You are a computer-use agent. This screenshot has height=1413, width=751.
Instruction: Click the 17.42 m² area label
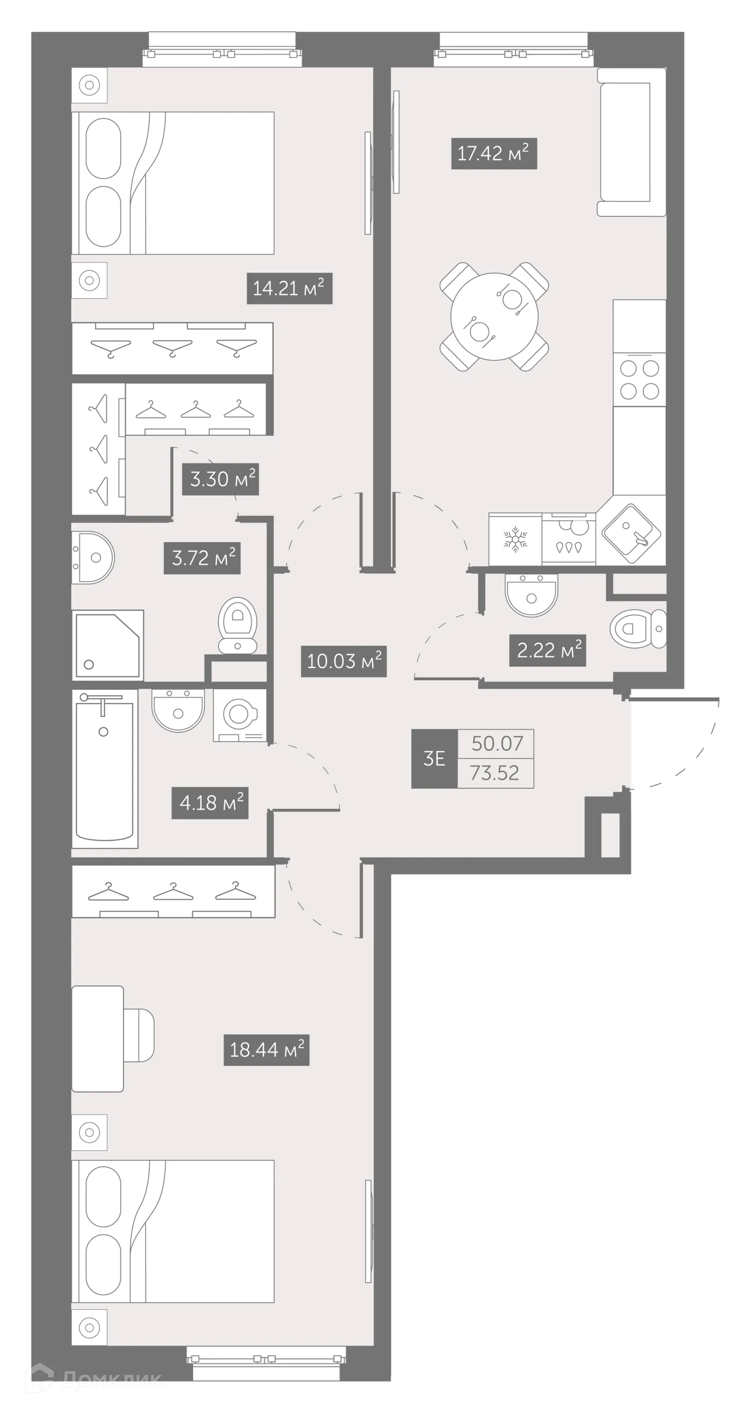[x=494, y=154]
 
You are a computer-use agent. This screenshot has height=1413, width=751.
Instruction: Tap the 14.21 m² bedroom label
[x=289, y=288]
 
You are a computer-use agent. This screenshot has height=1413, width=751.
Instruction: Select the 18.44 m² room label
[x=266, y=1050]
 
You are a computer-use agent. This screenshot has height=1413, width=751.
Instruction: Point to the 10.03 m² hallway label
[x=344, y=661]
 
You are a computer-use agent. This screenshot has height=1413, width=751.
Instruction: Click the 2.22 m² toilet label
[x=547, y=650]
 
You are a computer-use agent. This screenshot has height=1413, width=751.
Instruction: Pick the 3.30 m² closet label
[x=221, y=479]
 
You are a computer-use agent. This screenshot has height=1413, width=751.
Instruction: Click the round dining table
[x=494, y=317]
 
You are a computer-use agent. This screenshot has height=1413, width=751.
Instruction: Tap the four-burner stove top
[x=639, y=379]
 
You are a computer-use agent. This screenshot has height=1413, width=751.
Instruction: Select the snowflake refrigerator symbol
[x=515, y=539]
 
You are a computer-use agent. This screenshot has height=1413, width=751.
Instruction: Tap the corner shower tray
[x=107, y=645]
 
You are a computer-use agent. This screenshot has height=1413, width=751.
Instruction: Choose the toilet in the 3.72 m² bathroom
[x=238, y=625]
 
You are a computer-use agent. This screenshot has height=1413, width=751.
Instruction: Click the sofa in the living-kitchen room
[x=631, y=142]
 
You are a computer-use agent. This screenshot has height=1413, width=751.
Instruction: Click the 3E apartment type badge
[x=434, y=759]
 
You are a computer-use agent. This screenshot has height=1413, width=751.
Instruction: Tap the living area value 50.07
[x=497, y=744]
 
